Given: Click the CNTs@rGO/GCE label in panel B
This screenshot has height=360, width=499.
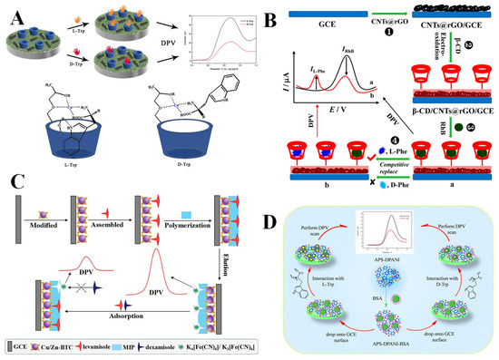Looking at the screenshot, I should [449, 49].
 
